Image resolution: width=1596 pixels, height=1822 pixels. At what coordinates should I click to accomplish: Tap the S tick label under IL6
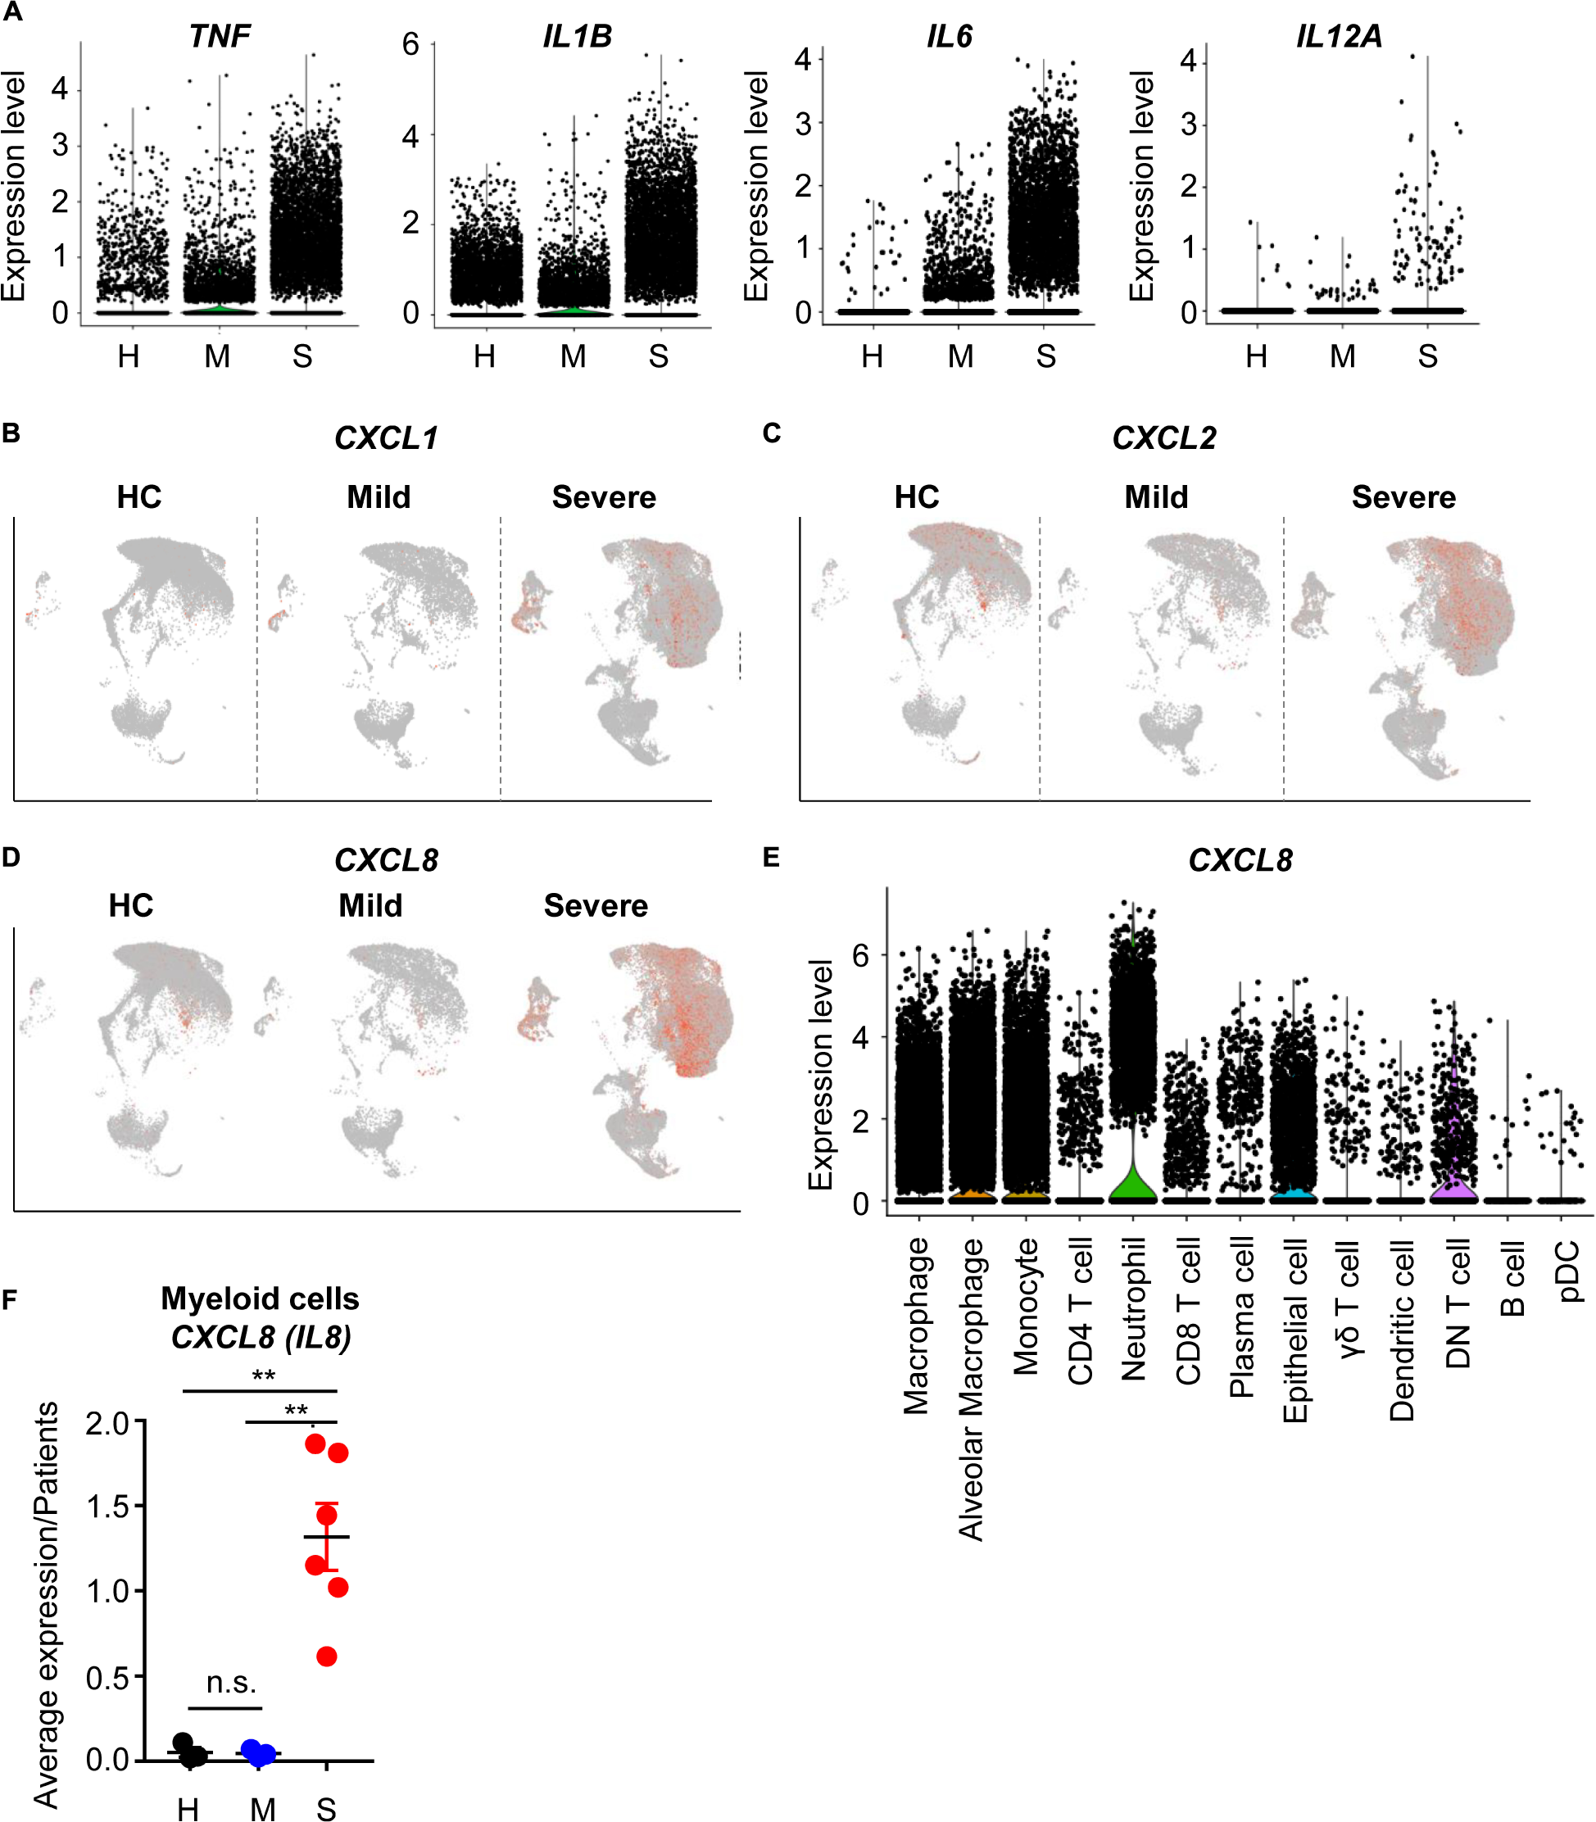click(x=1045, y=356)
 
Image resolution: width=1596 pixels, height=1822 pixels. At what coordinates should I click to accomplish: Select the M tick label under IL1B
click(x=573, y=356)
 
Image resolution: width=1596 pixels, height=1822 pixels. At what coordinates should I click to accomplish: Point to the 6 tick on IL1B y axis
click(x=410, y=44)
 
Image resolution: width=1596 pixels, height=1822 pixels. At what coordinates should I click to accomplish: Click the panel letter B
click(x=11, y=433)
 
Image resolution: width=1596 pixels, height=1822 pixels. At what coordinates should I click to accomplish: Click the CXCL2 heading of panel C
click(x=1163, y=438)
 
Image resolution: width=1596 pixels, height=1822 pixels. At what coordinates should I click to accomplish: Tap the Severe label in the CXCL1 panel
click(x=603, y=497)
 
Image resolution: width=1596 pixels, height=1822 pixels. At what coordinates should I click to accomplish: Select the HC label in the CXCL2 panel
click(x=917, y=497)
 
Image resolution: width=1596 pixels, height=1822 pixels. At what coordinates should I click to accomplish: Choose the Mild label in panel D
click(x=370, y=905)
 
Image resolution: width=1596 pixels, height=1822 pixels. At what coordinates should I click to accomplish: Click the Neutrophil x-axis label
click(x=1134, y=1310)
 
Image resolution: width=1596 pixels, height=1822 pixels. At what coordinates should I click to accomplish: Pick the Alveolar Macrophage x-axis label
click(x=971, y=1389)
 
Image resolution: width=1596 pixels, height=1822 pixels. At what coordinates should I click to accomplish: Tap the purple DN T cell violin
click(x=1454, y=1176)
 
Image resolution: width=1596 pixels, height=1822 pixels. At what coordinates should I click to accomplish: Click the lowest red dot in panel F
click(x=327, y=1657)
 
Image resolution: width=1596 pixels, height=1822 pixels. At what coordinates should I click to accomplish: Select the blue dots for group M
click(x=258, y=1752)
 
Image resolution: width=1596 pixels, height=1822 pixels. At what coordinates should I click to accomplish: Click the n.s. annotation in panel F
click(x=231, y=1681)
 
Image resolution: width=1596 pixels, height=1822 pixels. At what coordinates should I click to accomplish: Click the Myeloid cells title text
click(x=259, y=1299)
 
